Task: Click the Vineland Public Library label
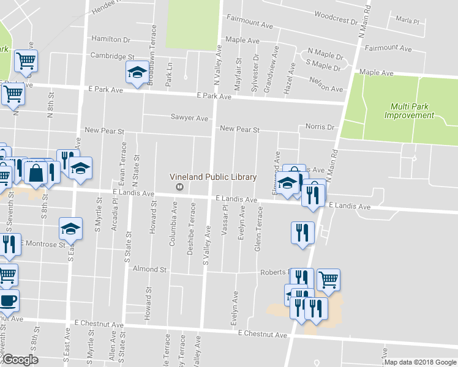[213, 177]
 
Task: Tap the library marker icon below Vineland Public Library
[179, 187]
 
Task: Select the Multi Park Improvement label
[409, 110]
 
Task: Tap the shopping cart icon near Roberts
[329, 280]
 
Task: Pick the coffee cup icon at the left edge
[8, 300]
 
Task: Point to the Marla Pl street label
[407, 21]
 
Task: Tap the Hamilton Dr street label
[111, 39]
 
